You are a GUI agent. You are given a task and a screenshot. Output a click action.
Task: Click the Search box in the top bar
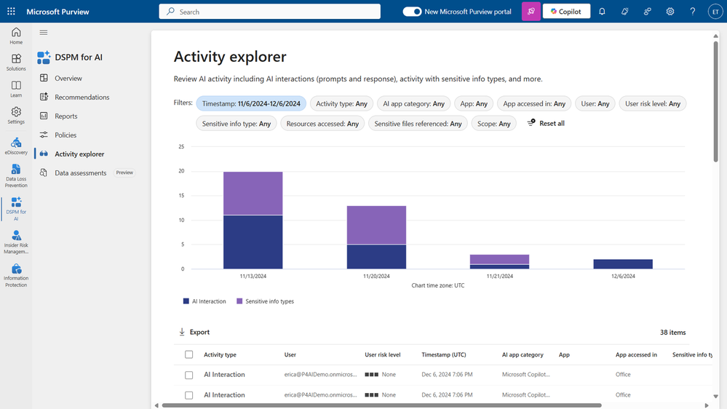pos(269,12)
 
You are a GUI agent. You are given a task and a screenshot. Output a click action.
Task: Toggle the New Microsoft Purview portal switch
pos(412,12)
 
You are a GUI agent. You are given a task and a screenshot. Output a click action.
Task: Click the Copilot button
pos(566,12)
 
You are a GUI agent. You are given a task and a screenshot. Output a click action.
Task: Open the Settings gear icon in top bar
pos(670,12)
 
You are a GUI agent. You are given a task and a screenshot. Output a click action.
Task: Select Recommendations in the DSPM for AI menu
pos(82,97)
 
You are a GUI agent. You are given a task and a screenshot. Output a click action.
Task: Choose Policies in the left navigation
pos(65,135)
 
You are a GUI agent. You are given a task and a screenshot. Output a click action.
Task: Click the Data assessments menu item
pos(80,172)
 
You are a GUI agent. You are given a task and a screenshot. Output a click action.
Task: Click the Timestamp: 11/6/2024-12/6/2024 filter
pos(251,103)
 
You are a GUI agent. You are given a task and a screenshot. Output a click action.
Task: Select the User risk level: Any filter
pos(652,103)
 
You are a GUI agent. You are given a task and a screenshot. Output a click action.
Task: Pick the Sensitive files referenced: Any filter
pos(418,124)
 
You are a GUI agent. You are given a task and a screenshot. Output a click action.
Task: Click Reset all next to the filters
pos(546,124)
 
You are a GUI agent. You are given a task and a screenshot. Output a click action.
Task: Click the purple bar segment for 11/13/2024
pos(253,193)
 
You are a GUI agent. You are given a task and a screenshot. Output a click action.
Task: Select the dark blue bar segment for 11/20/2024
pos(376,257)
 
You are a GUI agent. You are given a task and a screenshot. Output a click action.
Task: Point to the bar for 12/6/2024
pos(623,264)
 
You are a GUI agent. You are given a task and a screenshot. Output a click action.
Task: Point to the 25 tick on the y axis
pos(181,147)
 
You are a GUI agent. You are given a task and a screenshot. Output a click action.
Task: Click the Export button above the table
pos(194,332)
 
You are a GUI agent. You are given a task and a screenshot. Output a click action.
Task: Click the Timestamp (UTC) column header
pos(443,354)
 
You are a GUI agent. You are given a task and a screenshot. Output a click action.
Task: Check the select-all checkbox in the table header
pos(188,354)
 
